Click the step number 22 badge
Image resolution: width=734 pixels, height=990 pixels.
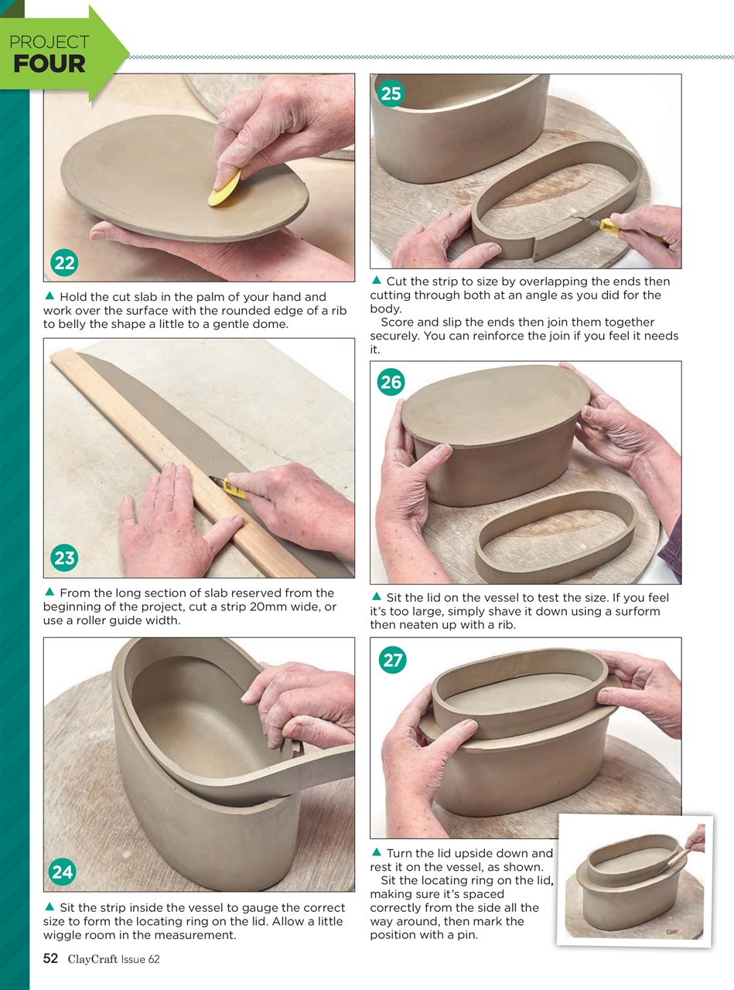pyautogui.click(x=65, y=263)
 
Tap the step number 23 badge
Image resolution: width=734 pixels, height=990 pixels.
pyautogui.click(x=65, y=558)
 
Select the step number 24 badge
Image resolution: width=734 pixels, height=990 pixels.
pyautogui.click(x=62, y=872)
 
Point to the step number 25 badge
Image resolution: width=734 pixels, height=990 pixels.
pyautogui.click(x=391, y=94)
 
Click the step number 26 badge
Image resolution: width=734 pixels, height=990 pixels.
pyautogui.click(x=391, y=381)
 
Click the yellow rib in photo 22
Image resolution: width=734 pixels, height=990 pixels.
pyautogui.click(x=224, y=189)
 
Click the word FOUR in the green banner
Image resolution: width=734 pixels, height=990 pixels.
pyautogui.click(x=49, y=64)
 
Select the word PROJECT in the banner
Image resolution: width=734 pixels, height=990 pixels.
pyautogui.click(x=49, y=43)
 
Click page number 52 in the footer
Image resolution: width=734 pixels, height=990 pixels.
pyautogui.click(x=50, y=959)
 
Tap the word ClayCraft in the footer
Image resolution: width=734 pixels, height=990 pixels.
pyautogui.click(x=92, y=960)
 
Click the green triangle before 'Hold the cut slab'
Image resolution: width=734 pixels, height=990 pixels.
pyautogui.click(x=49, y=296)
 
